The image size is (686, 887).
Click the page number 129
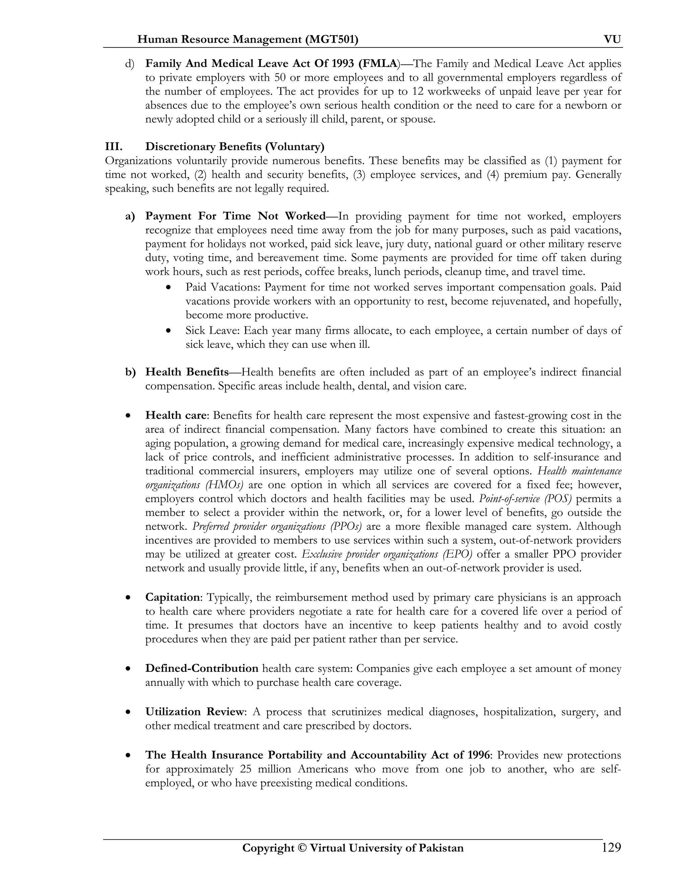click(x=611, y=847)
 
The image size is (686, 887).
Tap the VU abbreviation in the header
click(x=612, y=39)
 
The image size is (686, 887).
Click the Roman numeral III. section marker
click(x=114, y=146)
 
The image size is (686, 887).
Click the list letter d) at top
click(x=130, y=64)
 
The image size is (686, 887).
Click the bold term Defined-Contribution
click(x=202, y=668)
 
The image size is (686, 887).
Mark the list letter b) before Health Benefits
click(x=130, y=372)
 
